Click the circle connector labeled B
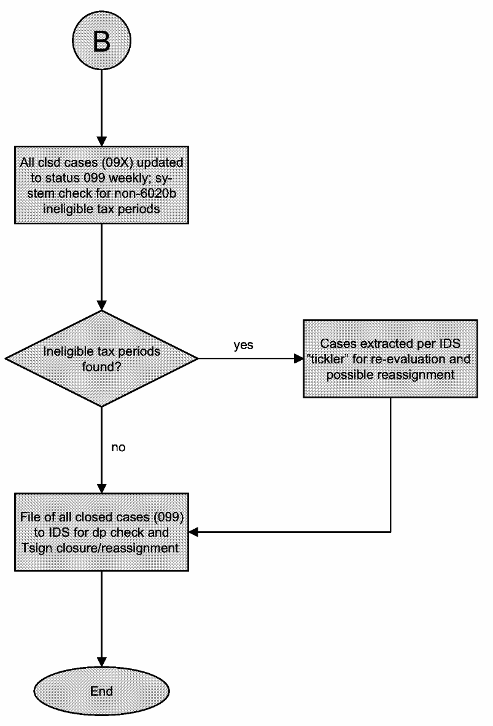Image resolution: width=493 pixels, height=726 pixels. [x=101, y=41]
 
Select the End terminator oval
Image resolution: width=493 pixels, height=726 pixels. [x=101, y=692]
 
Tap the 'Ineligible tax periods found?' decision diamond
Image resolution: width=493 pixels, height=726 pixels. [x=101, y=358]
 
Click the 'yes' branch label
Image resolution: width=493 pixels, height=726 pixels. [x=244, y=345]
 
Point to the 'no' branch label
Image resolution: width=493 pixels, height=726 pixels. [x=118, y=448]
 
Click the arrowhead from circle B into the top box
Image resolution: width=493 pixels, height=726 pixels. [x=101, y=141]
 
